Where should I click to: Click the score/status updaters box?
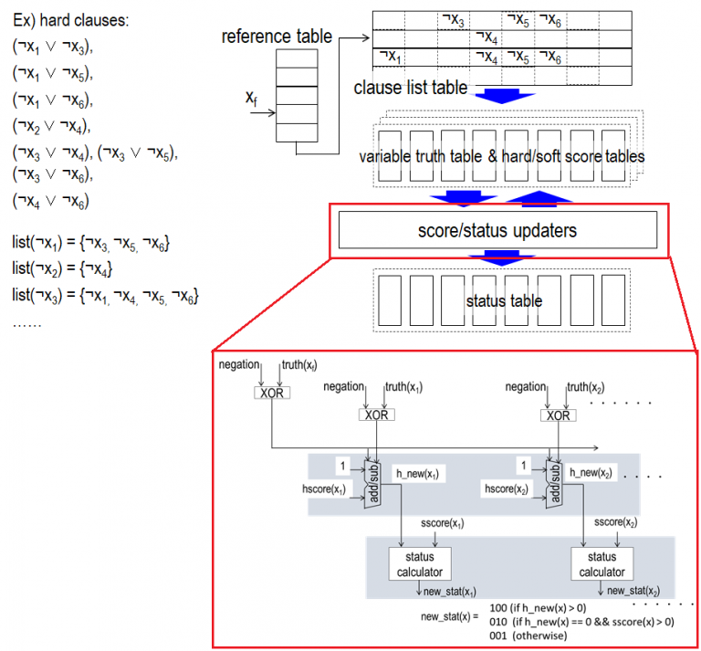(x=497, y=231)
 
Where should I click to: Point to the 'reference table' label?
(x=277, y=37)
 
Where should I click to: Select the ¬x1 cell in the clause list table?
(x=390, y=57)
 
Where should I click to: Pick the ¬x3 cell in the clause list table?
(x=453, y=17)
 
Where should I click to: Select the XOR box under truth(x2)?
(x=559, y=415)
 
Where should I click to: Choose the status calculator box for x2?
(x=602, y=564)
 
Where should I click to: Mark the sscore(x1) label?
(x=442, y=524)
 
